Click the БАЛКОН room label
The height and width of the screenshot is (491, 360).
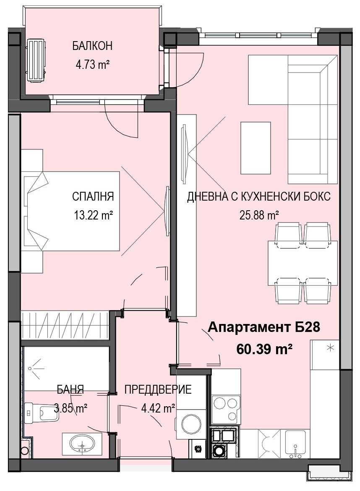(92, 46)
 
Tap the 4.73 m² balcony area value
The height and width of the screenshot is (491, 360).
(92, 65)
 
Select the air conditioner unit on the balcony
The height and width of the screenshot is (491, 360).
(37, 60)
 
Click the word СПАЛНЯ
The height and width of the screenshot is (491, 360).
(93, 196)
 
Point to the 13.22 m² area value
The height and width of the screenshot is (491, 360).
(93, 215)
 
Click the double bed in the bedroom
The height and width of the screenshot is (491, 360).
(72, 211)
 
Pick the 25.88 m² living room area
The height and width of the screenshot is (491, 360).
(259, 215)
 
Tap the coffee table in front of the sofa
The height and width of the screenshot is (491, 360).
(256, 148)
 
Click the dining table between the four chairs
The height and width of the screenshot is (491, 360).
(303, 263)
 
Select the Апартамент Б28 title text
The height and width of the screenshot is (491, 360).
(264, 327)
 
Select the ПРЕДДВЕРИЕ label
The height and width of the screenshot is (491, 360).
(158, 389)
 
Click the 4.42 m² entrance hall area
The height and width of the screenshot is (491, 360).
(158, 408)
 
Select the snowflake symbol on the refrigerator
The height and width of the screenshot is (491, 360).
(330, 347)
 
